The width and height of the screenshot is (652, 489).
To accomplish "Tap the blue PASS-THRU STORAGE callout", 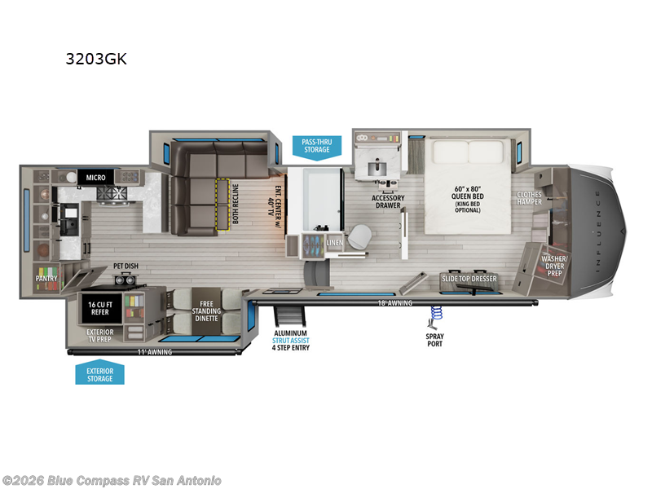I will pos(316,145).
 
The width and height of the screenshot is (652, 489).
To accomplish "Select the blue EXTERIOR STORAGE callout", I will pos(99,373).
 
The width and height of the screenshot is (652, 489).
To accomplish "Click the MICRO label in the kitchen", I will pos(88,176).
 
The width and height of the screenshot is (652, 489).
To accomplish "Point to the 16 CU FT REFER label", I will pos(99,307).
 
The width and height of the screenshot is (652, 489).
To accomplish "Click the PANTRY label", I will pos(46,278).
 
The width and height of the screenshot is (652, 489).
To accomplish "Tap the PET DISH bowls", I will pos(126,279).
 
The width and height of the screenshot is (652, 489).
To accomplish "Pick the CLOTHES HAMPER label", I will pos(530,198).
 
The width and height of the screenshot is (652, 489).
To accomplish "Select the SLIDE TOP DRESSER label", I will pos(469,279).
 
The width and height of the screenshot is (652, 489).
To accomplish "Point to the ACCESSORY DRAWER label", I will pos(388,201).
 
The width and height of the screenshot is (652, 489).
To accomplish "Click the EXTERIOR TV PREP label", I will pos(99,335).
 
